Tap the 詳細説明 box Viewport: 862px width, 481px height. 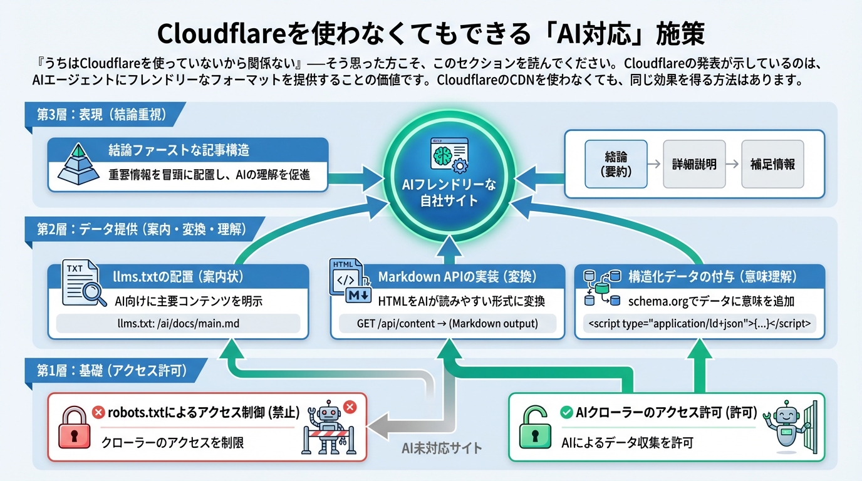(x=694, y=164)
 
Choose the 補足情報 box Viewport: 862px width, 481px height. (x=772, y=164)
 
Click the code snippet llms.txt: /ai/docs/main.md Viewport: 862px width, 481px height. (x=178, y=324)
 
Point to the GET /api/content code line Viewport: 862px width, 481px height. (x=447, y=324)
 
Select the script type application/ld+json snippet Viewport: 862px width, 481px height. (x=700, y=324)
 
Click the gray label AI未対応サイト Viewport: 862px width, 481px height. (x=442, y=447)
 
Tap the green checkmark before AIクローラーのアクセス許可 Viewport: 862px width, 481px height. (x=566, y=412)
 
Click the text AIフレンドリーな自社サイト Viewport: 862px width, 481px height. (x=449, y=192)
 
